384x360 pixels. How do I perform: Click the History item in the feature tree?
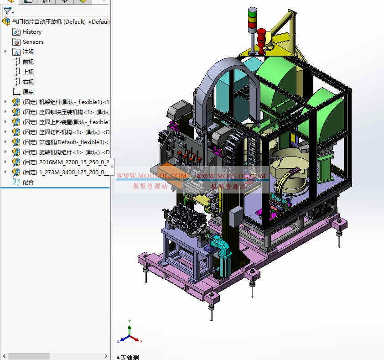point(32,32)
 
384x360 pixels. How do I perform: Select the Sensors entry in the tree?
point(33,42)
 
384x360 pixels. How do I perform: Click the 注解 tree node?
point(28,52)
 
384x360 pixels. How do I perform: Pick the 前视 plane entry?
point(28,62)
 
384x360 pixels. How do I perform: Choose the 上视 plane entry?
point(28,72)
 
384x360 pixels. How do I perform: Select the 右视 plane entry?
point(28,82)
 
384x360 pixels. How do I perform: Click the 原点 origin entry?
point(28,92)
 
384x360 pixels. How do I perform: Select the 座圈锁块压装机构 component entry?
point(64,112)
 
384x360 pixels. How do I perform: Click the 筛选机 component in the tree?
point(64,142)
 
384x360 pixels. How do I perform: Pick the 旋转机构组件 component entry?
point(64,152)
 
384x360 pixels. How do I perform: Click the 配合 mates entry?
point(28,183)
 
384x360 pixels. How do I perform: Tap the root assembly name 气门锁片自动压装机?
point(55,21)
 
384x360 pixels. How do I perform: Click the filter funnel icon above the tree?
point(7,11)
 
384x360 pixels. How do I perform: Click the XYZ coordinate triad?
point(130,334)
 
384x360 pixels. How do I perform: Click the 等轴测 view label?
point(130,357)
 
